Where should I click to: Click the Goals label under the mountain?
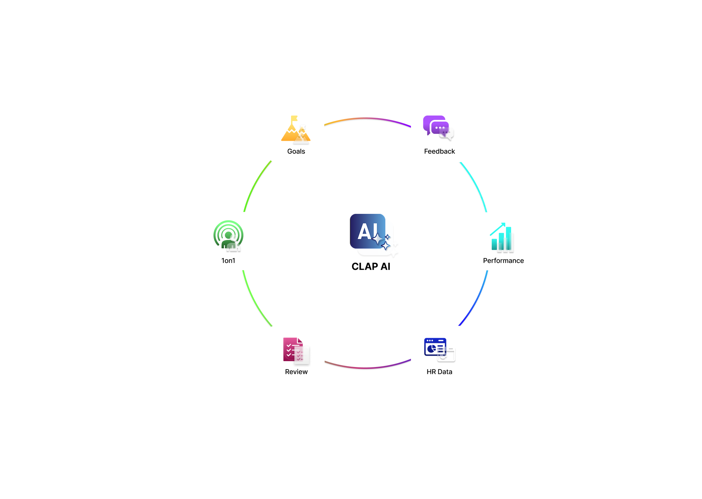(296, 151)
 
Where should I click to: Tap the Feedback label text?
(439, 151)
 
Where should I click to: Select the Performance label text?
(503, 261)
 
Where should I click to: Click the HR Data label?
(439, 372)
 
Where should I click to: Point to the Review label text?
(296, 372)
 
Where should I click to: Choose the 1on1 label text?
(228, 261)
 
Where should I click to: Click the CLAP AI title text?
(371, 266)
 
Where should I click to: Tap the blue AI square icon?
(368, 231)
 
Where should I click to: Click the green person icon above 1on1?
(228, 235)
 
